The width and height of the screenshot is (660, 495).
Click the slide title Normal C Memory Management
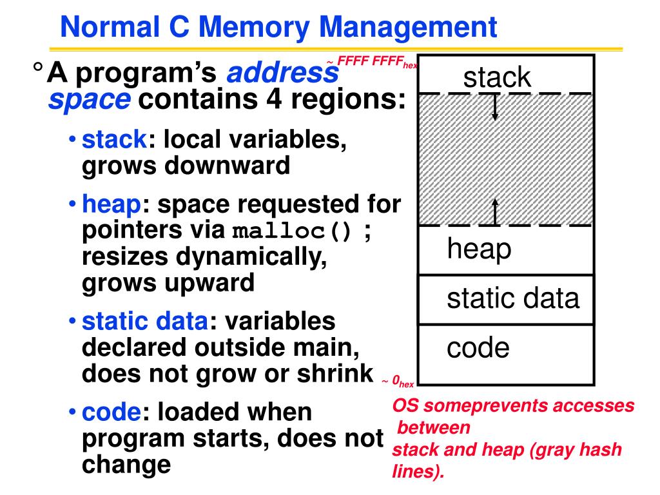pyautogui.click(x=278, y=28)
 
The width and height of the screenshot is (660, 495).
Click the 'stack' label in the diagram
pyautogui.click(x=497, y=78)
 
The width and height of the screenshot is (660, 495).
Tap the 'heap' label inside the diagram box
pyautogui.click(x=479, y=249)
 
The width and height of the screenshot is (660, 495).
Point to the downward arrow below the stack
pyautogui.click(x=495, y=107)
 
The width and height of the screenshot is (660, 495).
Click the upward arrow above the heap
pyautogui.click(x=495, y=212)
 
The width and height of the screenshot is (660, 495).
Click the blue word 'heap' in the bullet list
pyautogui.click(x=112, y=205)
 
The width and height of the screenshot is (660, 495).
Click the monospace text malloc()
pyautogui.click(x=292, y=231)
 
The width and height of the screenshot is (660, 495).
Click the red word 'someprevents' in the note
pyautogui.click(x=476, y=406)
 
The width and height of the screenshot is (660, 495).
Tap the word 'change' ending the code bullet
pyautogui.click(x=126, y=464)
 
